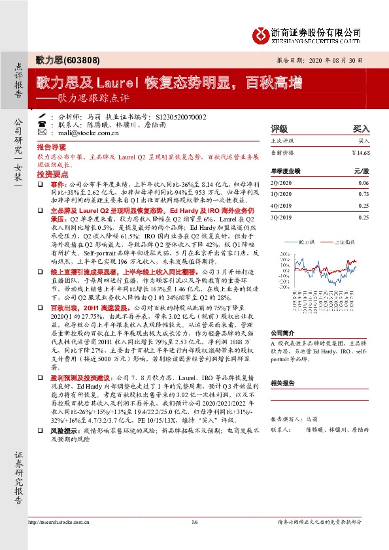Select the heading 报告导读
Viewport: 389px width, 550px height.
point(50,147)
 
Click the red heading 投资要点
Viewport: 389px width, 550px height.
point(50,174)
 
